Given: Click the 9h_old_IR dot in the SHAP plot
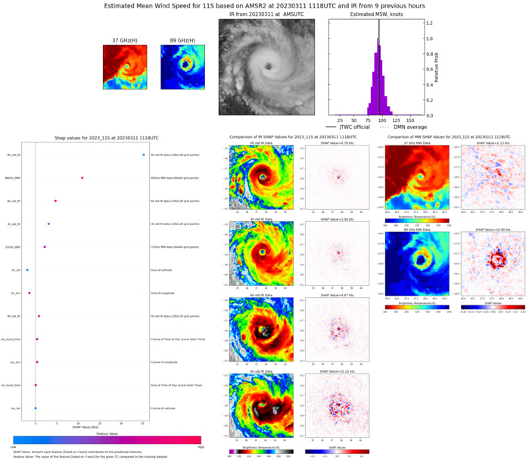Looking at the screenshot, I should click(144, 155).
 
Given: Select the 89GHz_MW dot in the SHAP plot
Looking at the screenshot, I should click(82, 178).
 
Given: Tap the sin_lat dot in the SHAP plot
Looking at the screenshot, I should click(27, 270).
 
